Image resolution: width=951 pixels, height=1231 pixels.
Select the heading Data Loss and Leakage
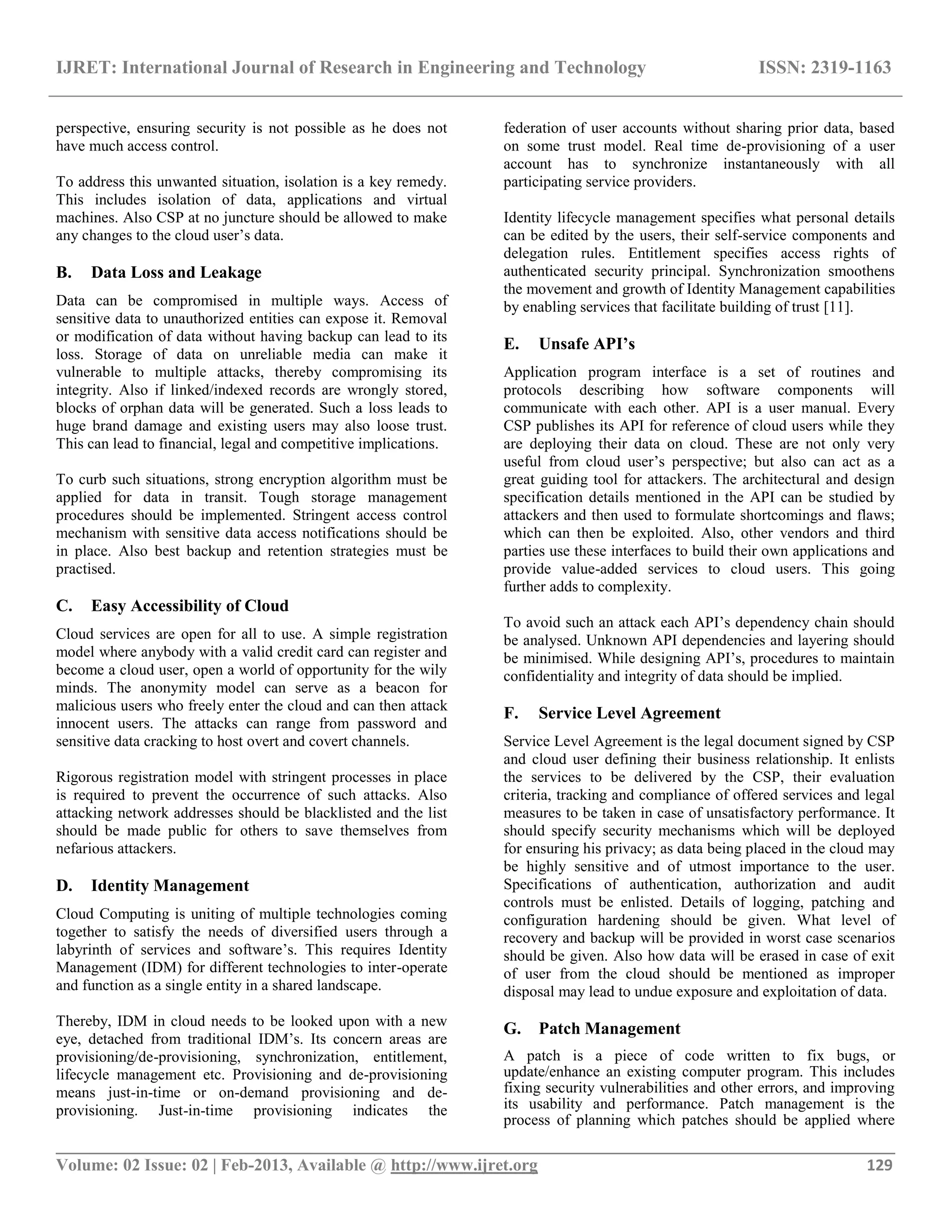pyautogui.click(x=176, y=272)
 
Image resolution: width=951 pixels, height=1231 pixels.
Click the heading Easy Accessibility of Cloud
pyautogui.click(x=190, y=606)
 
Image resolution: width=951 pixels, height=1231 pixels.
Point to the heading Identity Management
pyautogui.click(x=170, y=885)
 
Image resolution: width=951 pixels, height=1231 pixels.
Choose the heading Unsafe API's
pyautogui.click(x=586, y=344)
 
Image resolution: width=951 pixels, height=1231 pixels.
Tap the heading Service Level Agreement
pyautogui.click(x=629, y=713)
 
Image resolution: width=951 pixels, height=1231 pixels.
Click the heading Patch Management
pyautogui.click(x=610, y=1028)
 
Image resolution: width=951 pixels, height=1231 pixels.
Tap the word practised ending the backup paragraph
pyautogui.click(x=85, y=570)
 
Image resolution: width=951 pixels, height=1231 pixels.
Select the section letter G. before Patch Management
pyautogui.click(x=512, y=1028)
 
